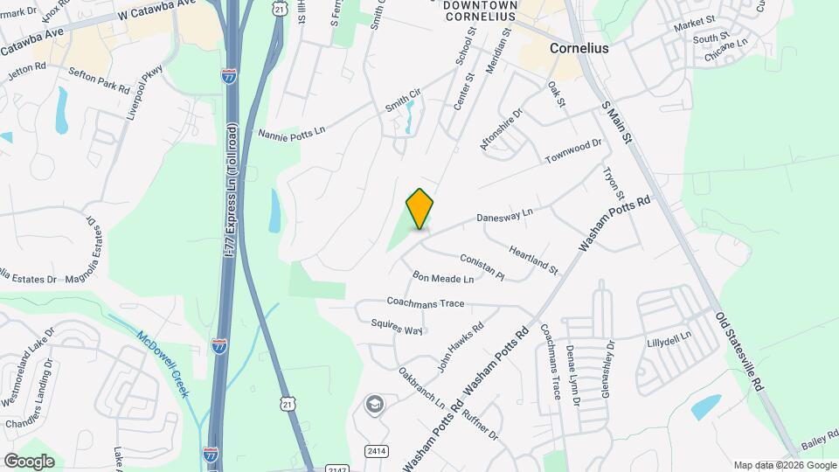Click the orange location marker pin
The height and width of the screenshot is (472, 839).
420,209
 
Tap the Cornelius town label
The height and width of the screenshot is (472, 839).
579,49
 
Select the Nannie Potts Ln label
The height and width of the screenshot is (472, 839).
291,132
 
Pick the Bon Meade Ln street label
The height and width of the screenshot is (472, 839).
443,279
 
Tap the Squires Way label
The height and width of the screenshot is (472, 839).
397,326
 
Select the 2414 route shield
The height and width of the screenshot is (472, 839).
377,451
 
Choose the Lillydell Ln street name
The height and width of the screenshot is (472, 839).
669,337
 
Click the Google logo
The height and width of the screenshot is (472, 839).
29,461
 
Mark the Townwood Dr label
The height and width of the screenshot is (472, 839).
574,150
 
